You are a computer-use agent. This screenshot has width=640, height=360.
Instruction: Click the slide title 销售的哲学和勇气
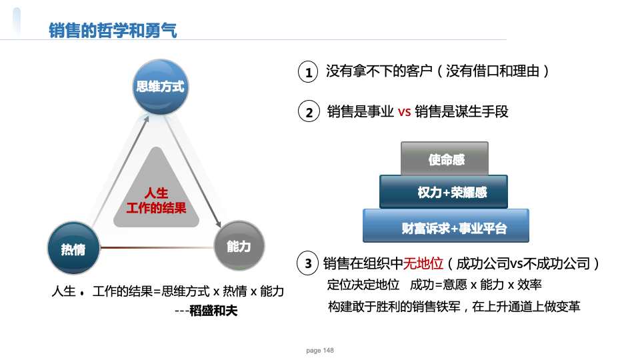click(x=113, y=30)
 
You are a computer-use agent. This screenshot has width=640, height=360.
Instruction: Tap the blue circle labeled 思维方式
click(x=161, y=87)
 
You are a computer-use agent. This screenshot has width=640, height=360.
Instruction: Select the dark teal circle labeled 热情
click(x=74, y=248)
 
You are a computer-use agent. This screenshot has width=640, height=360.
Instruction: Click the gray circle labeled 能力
click(x=239, y=246)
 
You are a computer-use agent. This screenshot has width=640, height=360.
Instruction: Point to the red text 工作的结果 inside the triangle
click(x=156, y=208)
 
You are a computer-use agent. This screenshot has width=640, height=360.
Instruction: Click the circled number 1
click(x=308, y=72)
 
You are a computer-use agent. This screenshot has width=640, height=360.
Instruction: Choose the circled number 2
click(x=309, y=111)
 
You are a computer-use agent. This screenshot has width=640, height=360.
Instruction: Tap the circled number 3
click(x=308, y=263)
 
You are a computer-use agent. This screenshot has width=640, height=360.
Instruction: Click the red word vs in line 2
click(x=404, y=111)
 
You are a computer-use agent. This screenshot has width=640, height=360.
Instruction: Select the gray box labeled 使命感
click(x=445, y=159)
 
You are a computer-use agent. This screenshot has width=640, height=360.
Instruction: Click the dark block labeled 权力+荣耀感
click(x=444, y=192)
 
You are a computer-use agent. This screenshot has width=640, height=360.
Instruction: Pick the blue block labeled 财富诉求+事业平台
click(x=446, y=226)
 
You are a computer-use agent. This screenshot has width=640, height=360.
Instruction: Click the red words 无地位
click(x=423, y=263)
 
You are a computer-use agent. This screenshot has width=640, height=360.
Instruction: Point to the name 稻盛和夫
click(x=213, y=311)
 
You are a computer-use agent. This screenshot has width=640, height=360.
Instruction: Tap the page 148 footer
click(x=320, y=350)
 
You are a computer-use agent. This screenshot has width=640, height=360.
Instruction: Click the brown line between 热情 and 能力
click(x=157, y=247)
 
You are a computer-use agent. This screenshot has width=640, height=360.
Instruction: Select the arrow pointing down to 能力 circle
click(x=192, y=171)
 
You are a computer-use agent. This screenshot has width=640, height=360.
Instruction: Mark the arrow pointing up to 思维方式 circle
click(x=121, y=171)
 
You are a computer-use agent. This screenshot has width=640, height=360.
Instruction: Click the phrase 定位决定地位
click(x=363, y=285)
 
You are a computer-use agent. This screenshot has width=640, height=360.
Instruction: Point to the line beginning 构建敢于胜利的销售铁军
click(x=454, y=306)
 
